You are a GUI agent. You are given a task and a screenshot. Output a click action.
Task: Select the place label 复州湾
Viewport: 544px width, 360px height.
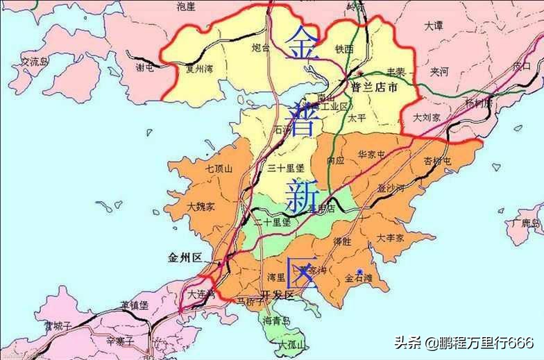tap(199, 69)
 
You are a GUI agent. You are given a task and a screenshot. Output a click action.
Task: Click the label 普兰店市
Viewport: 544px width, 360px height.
tap(375, 88)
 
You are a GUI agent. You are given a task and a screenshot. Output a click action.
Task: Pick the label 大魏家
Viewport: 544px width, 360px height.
tap(201, 207)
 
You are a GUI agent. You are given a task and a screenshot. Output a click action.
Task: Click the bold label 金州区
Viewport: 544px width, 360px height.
tap(185, 257)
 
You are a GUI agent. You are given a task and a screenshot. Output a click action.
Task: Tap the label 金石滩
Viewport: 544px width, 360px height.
tap(359, 279)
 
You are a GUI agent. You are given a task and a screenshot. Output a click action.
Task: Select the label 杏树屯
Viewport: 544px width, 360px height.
tap(438, 161)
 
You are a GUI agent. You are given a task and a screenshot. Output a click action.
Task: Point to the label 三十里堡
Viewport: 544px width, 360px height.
tap(286, 168)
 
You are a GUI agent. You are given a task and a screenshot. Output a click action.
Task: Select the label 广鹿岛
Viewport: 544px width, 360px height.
tap(526, 223)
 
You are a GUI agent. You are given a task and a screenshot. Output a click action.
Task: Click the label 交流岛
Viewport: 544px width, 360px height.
tap(35, 62)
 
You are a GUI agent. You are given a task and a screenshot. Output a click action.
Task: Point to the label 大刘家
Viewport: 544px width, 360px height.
tap(427, 118)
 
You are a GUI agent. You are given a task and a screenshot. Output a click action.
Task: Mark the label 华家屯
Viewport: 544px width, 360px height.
tap(371, 154)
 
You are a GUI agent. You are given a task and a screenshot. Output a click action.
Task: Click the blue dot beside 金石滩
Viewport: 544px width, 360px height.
tap(359, 270)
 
